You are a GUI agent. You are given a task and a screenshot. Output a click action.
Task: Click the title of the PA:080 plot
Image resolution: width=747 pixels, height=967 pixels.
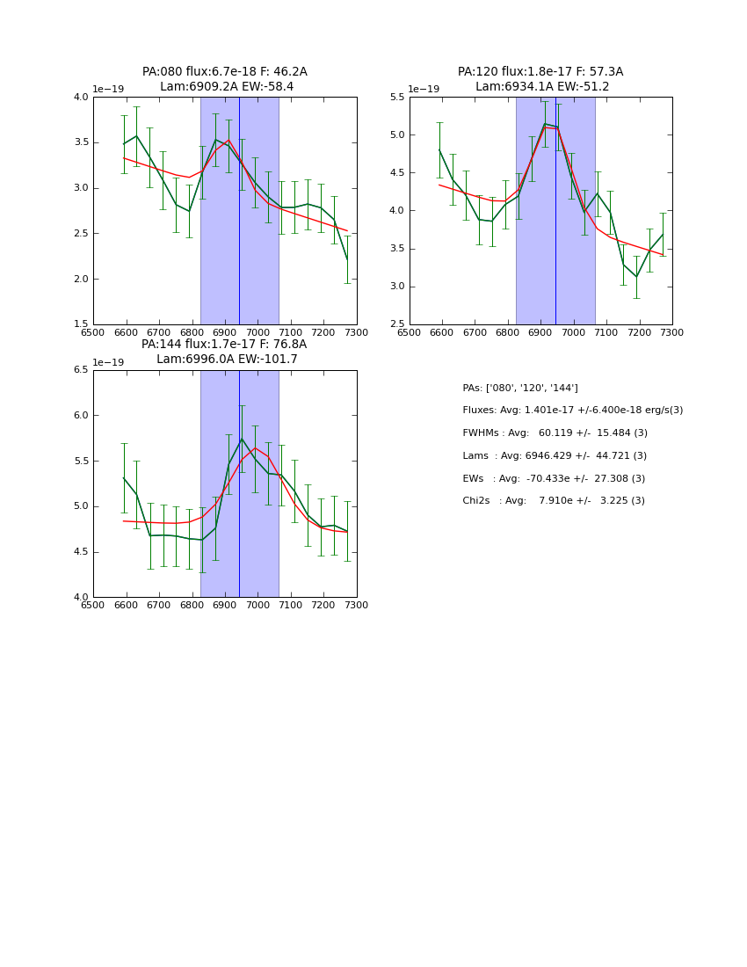(225, 79)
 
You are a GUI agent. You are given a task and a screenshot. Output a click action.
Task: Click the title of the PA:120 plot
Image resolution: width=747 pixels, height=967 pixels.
(540, 79)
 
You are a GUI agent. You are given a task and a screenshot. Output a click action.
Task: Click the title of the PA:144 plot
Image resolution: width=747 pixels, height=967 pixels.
(225, 352)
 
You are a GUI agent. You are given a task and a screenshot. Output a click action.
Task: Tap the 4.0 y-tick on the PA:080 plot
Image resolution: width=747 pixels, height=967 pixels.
(81, 97)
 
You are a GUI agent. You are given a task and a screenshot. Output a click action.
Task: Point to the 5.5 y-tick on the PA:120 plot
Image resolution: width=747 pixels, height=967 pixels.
(397, 97)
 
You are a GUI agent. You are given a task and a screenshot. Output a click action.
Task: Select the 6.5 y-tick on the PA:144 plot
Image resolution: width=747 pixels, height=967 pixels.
(81, 370)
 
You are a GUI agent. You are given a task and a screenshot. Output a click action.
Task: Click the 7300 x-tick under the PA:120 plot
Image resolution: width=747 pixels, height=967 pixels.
(672, 332)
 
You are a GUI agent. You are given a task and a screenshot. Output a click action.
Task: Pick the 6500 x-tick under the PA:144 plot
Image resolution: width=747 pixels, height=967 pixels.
(93, 605)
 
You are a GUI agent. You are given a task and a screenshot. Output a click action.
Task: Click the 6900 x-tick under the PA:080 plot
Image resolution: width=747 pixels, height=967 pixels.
(225, 332)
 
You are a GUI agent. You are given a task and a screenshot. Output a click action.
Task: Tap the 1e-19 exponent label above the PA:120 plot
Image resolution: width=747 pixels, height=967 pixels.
(424, 89)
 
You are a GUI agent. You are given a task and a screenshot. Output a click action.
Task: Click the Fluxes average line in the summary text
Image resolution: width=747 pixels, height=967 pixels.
(572, 411)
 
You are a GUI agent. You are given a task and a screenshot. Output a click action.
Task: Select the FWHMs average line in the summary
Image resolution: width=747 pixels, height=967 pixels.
(555, 433)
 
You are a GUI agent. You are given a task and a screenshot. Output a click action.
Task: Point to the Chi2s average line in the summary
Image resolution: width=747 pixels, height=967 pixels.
(554, 501)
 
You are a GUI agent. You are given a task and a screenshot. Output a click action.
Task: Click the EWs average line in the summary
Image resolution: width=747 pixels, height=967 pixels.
(554, 478)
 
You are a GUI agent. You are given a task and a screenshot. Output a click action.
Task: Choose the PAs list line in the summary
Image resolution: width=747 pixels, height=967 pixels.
(520, 388)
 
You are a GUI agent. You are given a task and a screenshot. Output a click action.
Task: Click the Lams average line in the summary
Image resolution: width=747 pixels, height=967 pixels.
(555, 456)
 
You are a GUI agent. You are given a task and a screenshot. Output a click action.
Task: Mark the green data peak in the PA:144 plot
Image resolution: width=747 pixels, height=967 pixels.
(242, 439)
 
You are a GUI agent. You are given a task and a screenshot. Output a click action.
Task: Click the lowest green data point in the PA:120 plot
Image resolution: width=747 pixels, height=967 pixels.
(637, 277)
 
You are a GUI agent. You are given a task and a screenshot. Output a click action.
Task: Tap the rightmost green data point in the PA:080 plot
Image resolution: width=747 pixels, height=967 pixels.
(347, 259)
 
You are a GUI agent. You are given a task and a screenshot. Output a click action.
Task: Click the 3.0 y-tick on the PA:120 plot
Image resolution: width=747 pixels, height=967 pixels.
(397, 287)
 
